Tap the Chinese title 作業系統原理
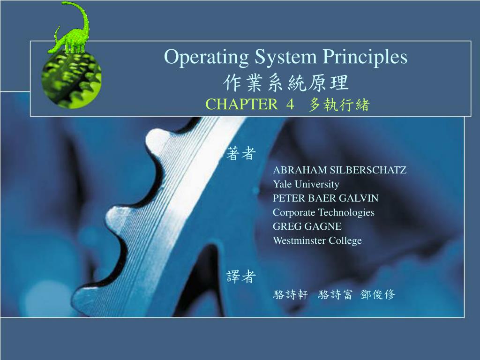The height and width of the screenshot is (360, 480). point(286,83)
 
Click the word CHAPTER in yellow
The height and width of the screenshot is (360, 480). point(242,105)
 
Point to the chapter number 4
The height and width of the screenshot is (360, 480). point(290,105)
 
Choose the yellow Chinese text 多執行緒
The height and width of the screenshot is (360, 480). point(339,105)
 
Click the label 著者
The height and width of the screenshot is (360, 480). point(240,153)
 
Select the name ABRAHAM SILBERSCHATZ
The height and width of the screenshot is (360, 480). point(340,170)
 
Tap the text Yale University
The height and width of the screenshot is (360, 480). point(306,184)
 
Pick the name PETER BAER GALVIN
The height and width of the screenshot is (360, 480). point(326,198)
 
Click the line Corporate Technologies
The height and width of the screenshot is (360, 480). point(324,212)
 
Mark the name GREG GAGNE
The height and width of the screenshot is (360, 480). point(307,226)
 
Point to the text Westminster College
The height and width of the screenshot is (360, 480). point(317,240)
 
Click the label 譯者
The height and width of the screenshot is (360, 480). point(240,277)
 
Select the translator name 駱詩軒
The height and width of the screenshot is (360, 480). point(291,294)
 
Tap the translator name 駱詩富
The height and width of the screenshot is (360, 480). point(335,294)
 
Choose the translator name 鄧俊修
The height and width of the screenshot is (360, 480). point(378,294)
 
